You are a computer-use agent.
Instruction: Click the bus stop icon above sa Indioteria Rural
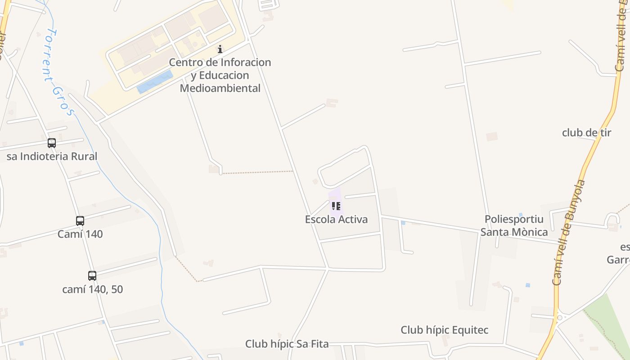pyautogui.click(x=52, y=143)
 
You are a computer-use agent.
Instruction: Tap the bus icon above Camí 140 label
pyautogui.click(x=80, y=221)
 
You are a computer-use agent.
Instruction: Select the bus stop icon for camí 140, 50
pyautogui.click(x=92, y=276)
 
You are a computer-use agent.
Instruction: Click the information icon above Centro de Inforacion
pyautogui.click(x=220, y=49)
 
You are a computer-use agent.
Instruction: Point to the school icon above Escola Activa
pyautogui.click(x=336, y=206)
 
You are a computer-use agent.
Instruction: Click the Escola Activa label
pyautogui.click(x=336, y=220)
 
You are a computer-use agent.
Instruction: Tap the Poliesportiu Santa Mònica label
pyautogui.click(x=514, y=225)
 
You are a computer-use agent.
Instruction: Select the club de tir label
pyautogui.click(x=586, y=133)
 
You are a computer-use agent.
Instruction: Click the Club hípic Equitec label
pyautogui.click(x=444, y=330)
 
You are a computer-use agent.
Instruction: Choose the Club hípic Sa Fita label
pyautogui.click(x=287, y=344)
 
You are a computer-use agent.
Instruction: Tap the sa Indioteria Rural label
pyautogui.click(x=52, y=157)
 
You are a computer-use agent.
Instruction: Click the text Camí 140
pyautogui.click(x=80, y=234)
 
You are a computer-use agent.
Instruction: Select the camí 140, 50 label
pyautogui.click(x=92, y=289)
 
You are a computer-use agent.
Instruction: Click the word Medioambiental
pyautogui.click(x=220, y=88)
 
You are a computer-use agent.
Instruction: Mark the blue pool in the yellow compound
pyautogui.click(x=154, y=82)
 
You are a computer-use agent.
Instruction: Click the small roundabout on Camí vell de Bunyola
pyautogui.click(x=559, y=317)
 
